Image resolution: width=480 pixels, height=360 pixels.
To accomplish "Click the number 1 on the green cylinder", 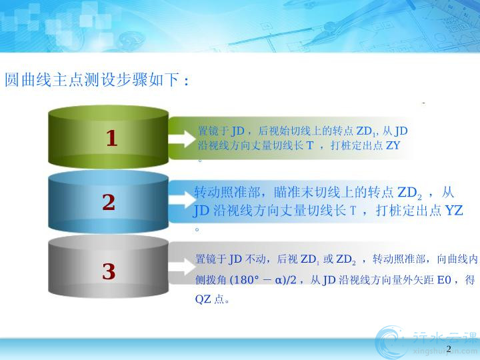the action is tap(112, 138).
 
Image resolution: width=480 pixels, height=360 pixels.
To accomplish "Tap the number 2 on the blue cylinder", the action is tap(109, 202).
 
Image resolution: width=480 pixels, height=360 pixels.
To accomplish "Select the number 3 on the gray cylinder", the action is tap(109, 271).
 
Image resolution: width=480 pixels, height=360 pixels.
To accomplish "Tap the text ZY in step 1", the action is tap(393, 145).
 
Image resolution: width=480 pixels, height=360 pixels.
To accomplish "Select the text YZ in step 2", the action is tap(454, 211).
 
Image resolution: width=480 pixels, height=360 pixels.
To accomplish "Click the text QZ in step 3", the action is tap(203, 299).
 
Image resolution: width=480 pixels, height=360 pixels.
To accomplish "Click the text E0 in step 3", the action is tap(444, 280).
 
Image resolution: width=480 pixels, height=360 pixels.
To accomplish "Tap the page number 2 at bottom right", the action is tap(449, 349).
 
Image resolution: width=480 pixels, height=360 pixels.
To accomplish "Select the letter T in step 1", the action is tap(310, 145).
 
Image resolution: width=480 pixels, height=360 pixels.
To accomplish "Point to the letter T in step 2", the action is tap(353, 211).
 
